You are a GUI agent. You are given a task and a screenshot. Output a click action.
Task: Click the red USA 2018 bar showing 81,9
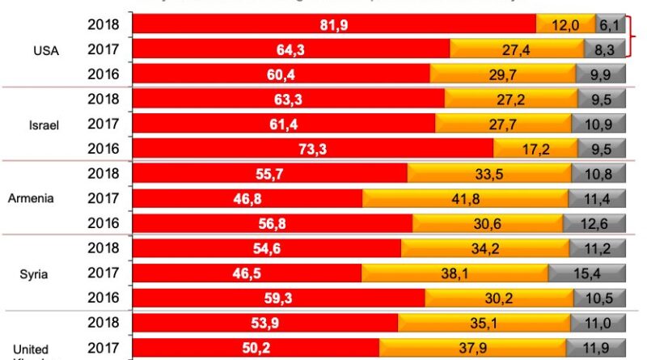[x=333, y=24]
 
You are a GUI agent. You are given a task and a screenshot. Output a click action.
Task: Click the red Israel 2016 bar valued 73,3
[x=312, y=149]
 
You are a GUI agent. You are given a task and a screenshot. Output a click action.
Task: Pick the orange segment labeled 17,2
[x=533, y=149]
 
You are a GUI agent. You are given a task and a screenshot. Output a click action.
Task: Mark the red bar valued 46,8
[x=247, y=198]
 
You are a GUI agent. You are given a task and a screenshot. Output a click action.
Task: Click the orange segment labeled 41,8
[x=464, y=198]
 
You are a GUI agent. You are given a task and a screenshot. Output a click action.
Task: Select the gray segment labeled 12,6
[x=598, y=223]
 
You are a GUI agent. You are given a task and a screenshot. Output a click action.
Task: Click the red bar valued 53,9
[x=265, y=322]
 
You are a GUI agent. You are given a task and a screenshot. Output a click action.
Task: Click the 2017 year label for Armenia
[x=104, y=198]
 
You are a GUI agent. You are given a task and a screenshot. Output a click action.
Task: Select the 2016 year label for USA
[x=104, y=74]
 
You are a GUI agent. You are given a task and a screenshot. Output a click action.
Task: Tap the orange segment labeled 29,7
[x=502, y=74]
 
